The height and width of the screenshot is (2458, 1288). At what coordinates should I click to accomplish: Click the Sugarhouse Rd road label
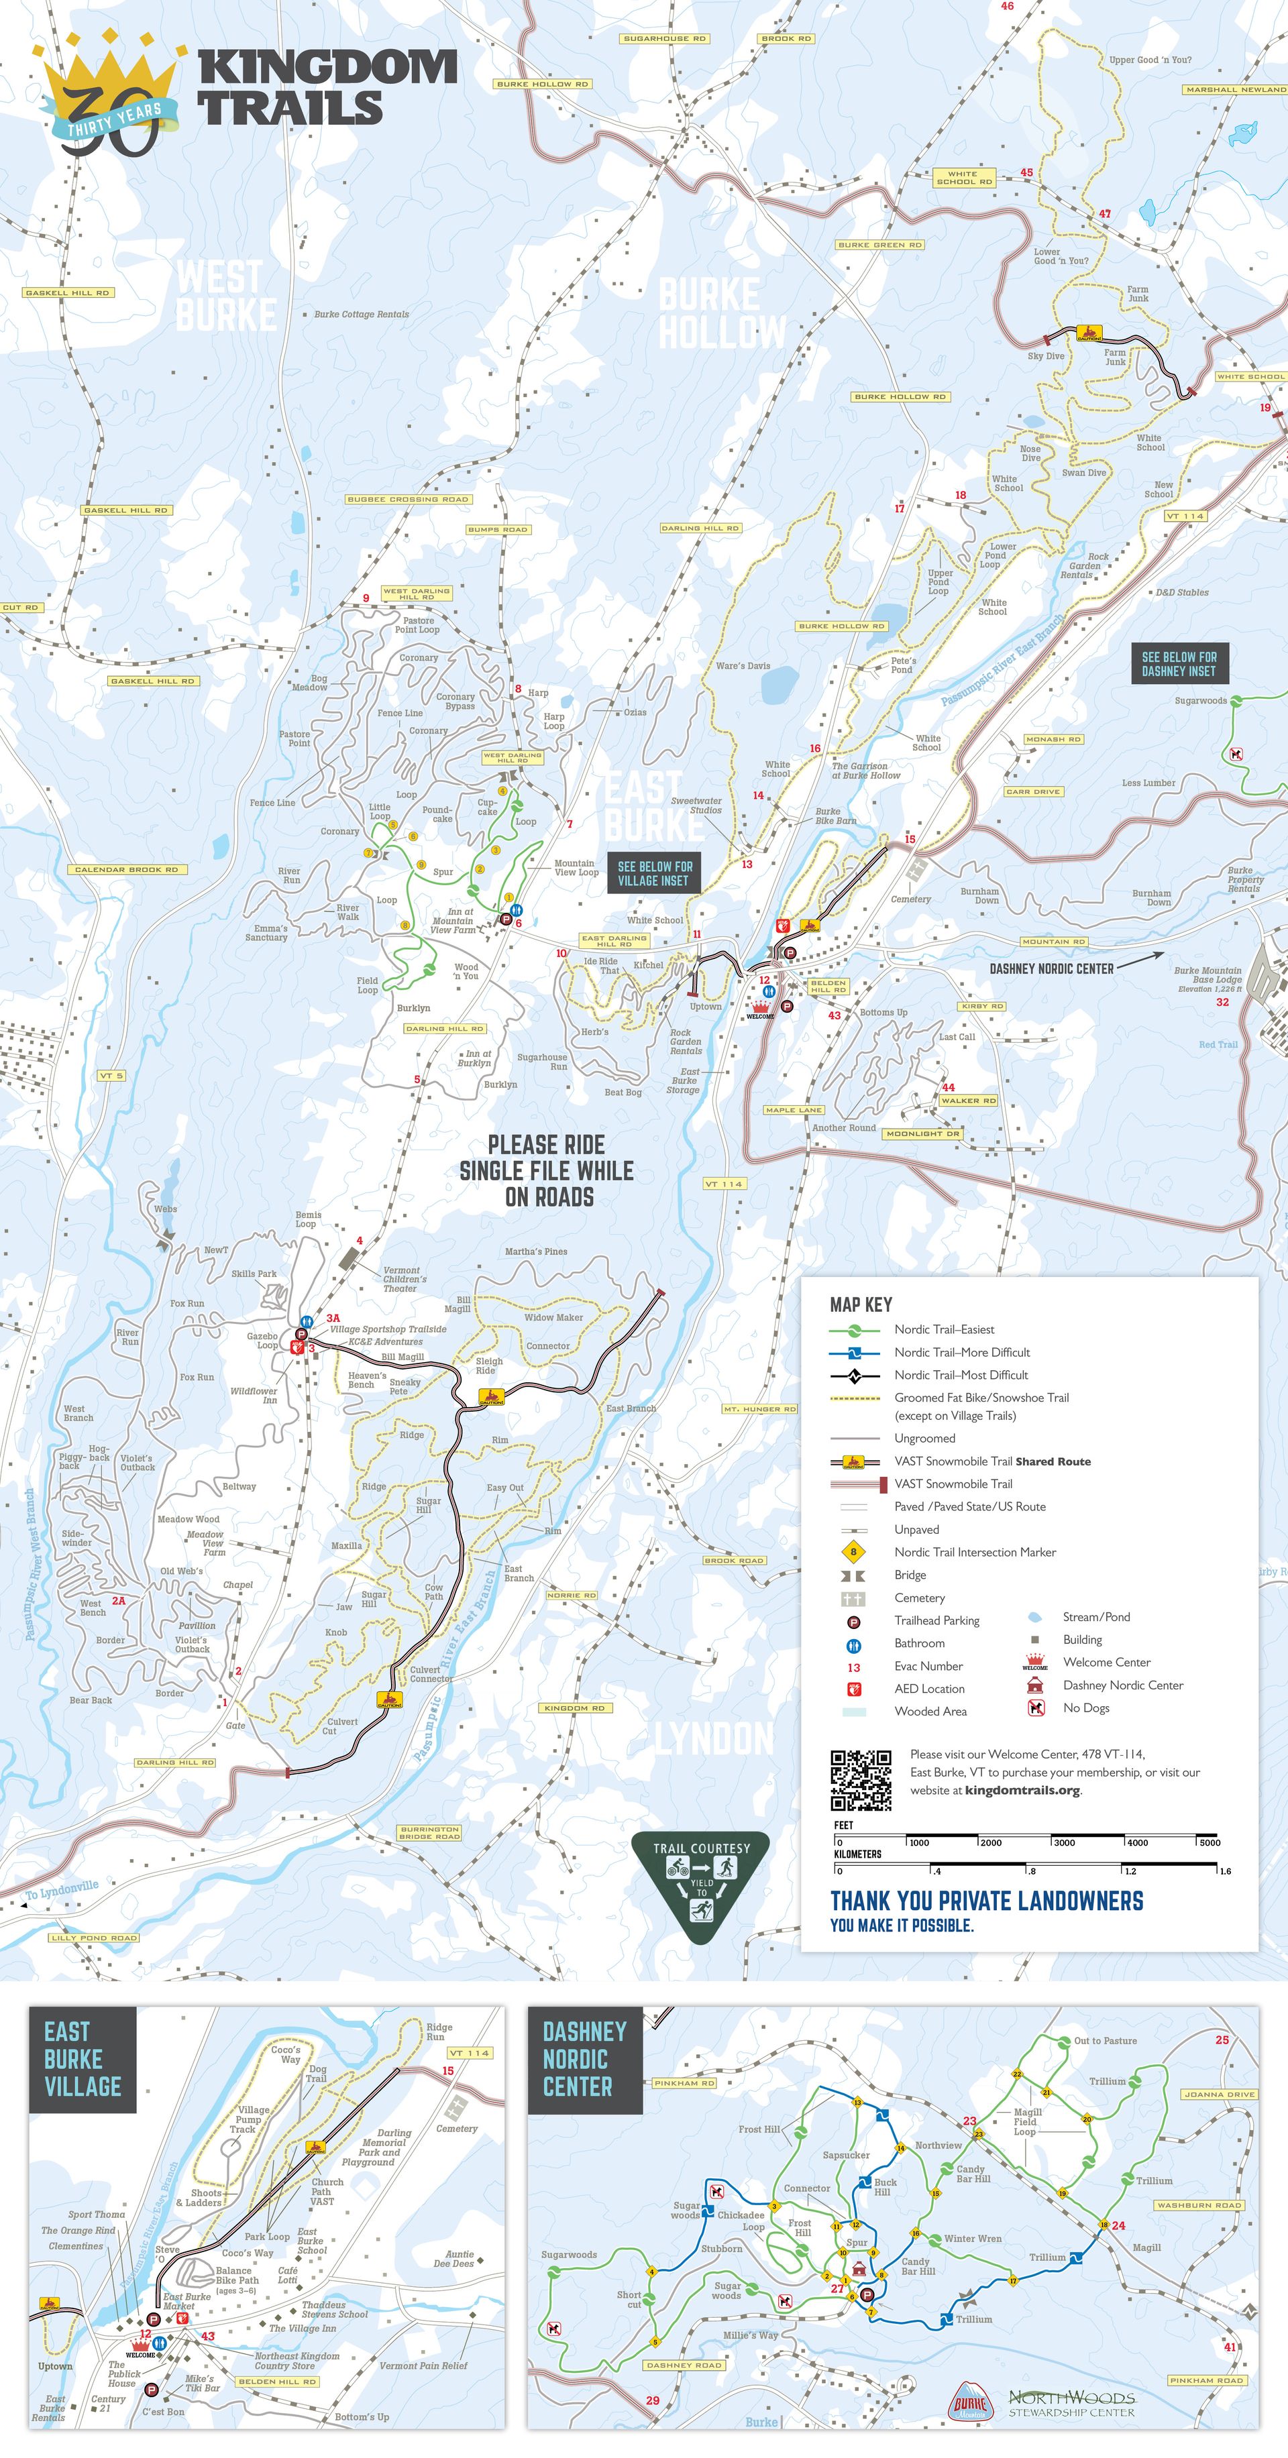click(x=664, y=39)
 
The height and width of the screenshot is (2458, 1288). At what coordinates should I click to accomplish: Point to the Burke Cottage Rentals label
click(x=361, y=314)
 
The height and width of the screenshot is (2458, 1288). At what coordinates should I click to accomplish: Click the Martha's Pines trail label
click(x=535, y=1251)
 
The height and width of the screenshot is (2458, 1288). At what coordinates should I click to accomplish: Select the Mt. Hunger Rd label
click(x=759, y=1408)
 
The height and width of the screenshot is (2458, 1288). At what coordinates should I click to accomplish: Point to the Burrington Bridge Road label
click(x=429, y=1833)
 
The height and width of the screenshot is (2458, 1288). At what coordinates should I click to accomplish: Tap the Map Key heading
click(x=861, y=1304)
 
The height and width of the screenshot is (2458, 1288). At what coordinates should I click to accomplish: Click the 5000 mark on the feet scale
click(x=1209, y=1842)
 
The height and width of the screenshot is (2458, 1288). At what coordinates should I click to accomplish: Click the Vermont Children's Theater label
click(x=404, y=1278)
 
